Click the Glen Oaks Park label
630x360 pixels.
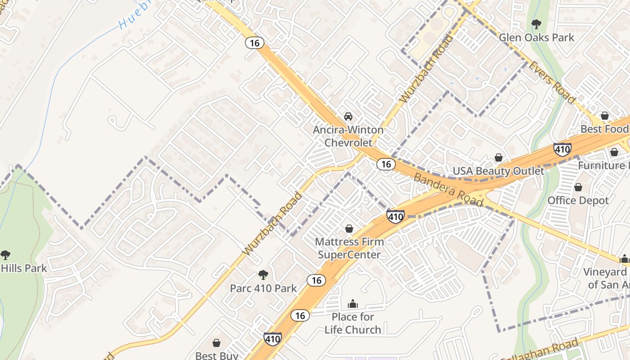536,37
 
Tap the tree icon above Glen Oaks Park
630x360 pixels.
536,24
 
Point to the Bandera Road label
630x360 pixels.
448,189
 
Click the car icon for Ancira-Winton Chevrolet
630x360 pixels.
348,117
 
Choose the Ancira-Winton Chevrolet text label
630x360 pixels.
348,136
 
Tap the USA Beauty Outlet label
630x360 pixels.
498,171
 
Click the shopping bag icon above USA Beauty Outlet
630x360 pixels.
499,157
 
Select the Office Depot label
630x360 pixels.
578,201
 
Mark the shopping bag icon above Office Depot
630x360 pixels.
578,187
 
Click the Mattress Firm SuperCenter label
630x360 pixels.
349,248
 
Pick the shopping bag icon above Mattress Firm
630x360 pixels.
349,229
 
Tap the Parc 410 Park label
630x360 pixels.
263,288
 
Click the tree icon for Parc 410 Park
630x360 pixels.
263,274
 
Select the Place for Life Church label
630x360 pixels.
353,323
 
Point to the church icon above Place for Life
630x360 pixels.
353,304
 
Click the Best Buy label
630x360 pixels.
216,355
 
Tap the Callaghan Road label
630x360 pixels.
540,351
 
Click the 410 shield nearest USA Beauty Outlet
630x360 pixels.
562,149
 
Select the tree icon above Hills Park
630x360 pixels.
5,255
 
